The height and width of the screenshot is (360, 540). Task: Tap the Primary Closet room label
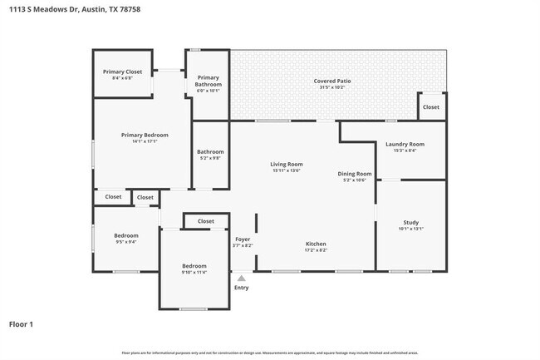122,72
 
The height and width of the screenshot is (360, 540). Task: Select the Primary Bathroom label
208,81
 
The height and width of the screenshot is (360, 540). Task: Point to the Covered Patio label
331,81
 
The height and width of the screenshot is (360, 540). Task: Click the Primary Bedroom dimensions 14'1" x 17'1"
145,142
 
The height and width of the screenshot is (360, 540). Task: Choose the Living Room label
286,164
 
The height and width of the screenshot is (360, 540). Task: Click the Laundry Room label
405,144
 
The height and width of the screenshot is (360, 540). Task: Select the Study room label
410,222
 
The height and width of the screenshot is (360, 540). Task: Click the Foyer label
242,239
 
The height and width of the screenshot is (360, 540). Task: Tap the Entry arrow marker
241,279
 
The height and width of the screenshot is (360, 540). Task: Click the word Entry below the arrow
241,288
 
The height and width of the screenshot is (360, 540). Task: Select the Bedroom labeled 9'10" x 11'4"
194,265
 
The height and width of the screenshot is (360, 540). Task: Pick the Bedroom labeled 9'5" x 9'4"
125,235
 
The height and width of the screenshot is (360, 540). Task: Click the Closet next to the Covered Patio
431,107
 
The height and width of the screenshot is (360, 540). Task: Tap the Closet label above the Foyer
206,221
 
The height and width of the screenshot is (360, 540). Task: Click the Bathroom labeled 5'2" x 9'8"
210,152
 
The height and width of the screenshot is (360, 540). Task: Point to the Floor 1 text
22,323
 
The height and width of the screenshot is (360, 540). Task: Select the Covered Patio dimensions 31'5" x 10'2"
331,87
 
